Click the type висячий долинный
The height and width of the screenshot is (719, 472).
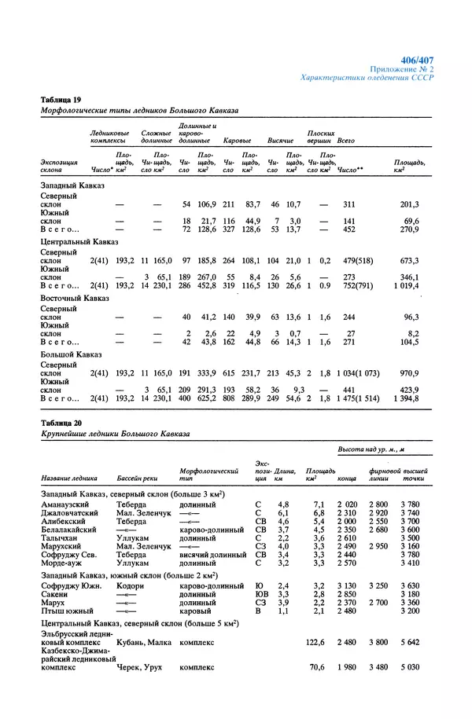point(212,555)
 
